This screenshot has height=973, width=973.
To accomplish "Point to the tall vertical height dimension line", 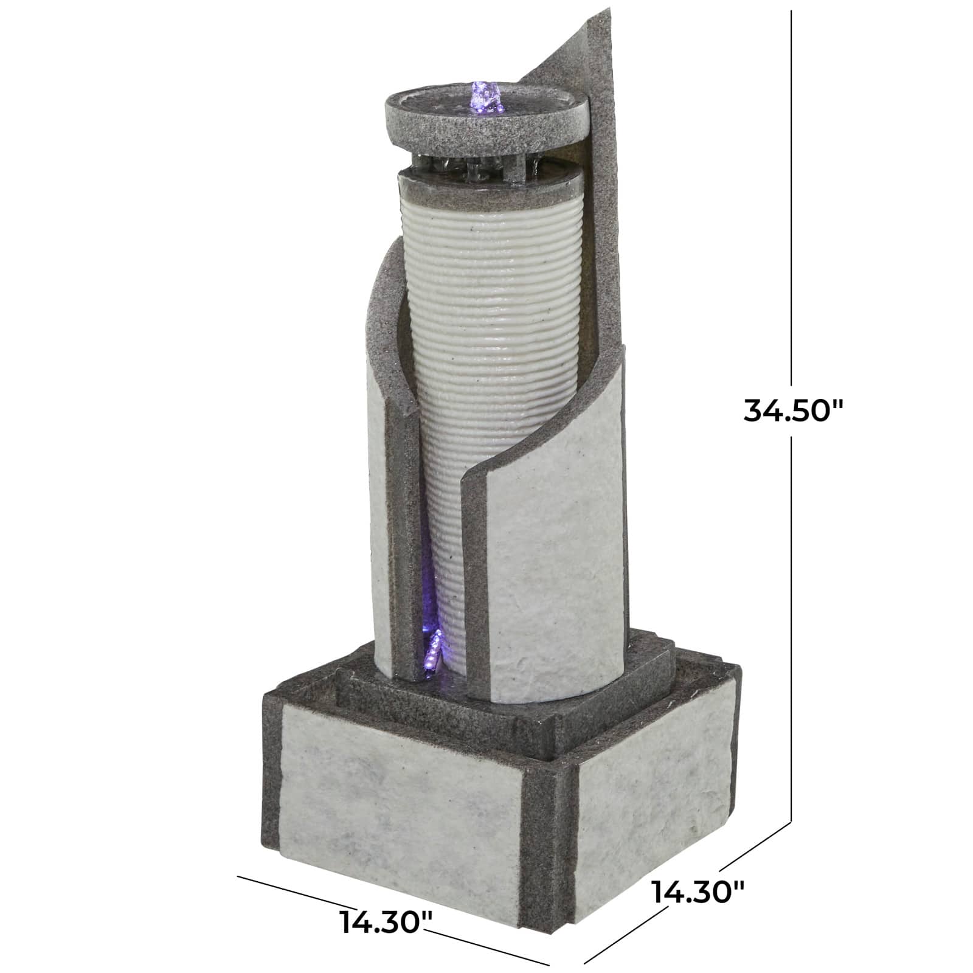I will (x=791, y=243).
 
